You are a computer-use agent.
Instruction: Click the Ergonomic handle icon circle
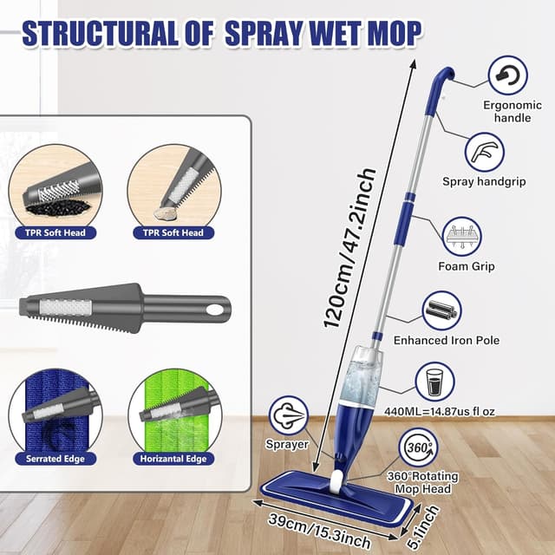pos(507,76)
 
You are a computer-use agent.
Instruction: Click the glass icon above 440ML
pos(434,381)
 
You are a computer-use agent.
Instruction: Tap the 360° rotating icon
pos(419,448)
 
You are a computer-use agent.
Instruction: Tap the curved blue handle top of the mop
pos(443,80)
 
